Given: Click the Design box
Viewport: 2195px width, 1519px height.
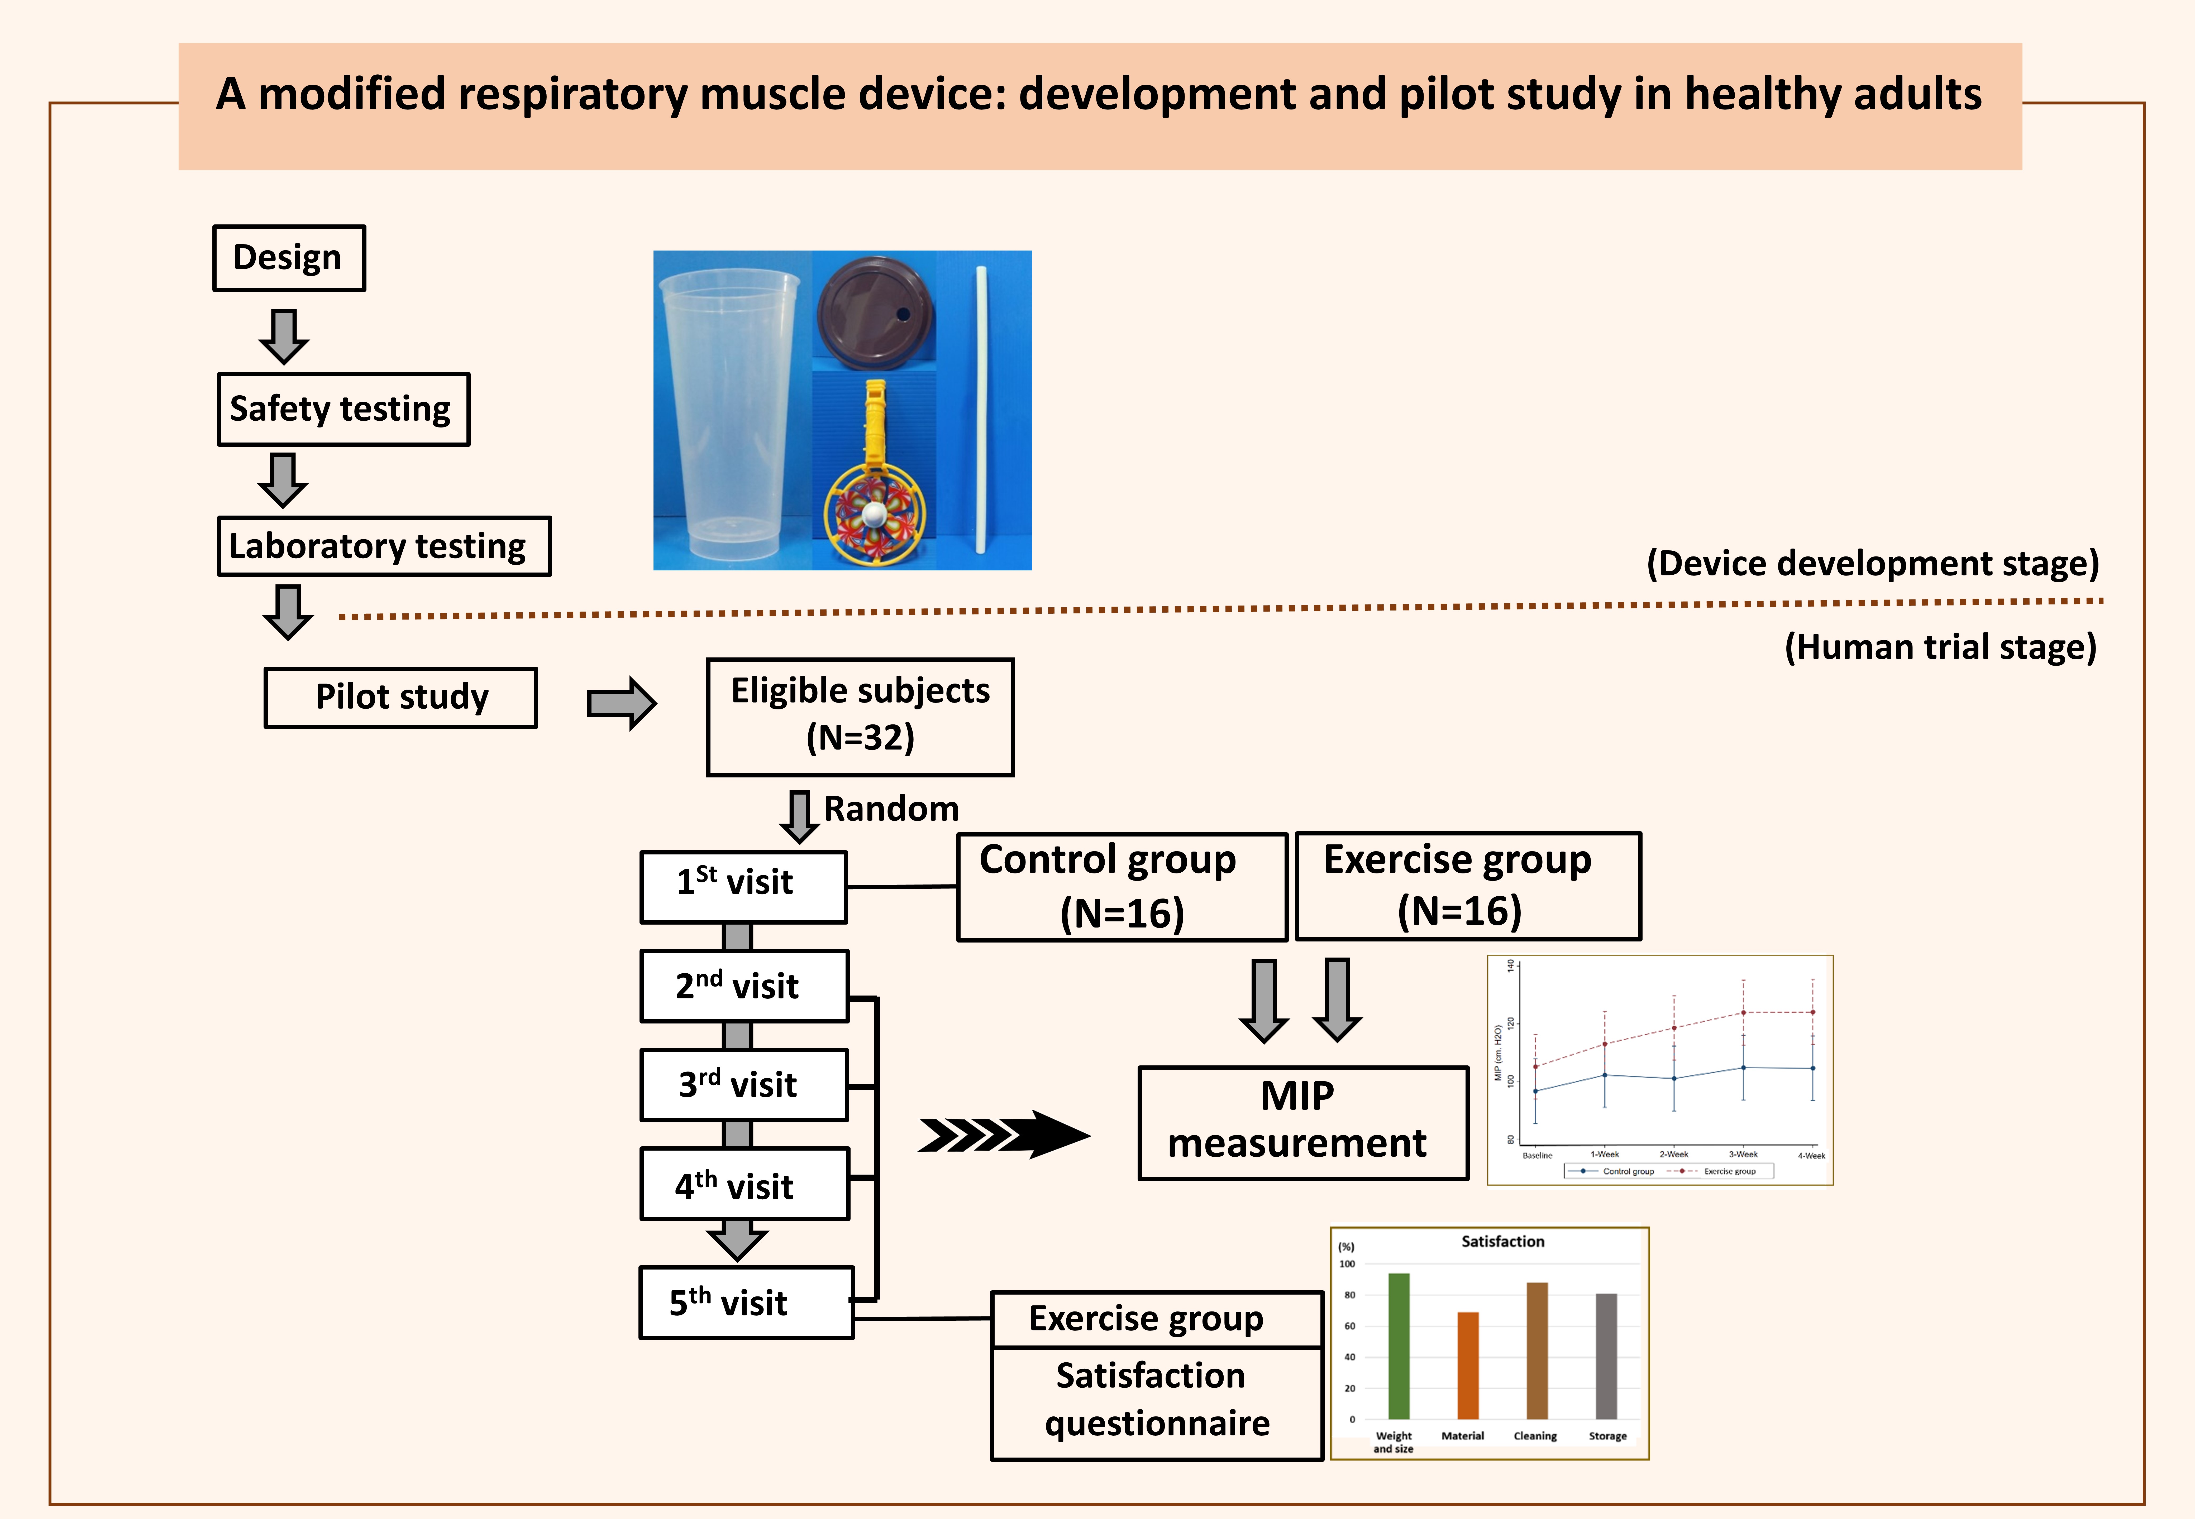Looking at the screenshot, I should pos(288,258).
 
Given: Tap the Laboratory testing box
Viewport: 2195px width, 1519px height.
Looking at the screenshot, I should pos(384,546).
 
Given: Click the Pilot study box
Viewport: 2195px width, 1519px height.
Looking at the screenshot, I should pos(401,698).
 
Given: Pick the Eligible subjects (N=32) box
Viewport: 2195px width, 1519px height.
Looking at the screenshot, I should pos(860,717).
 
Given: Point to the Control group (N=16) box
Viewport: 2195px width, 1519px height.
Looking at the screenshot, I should pos(1121,887).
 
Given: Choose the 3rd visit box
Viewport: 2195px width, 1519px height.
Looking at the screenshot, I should pos(743,1085).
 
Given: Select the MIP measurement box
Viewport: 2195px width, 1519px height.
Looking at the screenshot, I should pos(1302,1123).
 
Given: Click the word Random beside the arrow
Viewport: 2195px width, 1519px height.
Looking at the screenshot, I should pos(891,809).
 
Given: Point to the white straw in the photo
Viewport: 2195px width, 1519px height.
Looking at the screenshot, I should pos(980,409).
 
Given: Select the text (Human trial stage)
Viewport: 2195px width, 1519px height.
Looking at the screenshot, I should pos(1940,647).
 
